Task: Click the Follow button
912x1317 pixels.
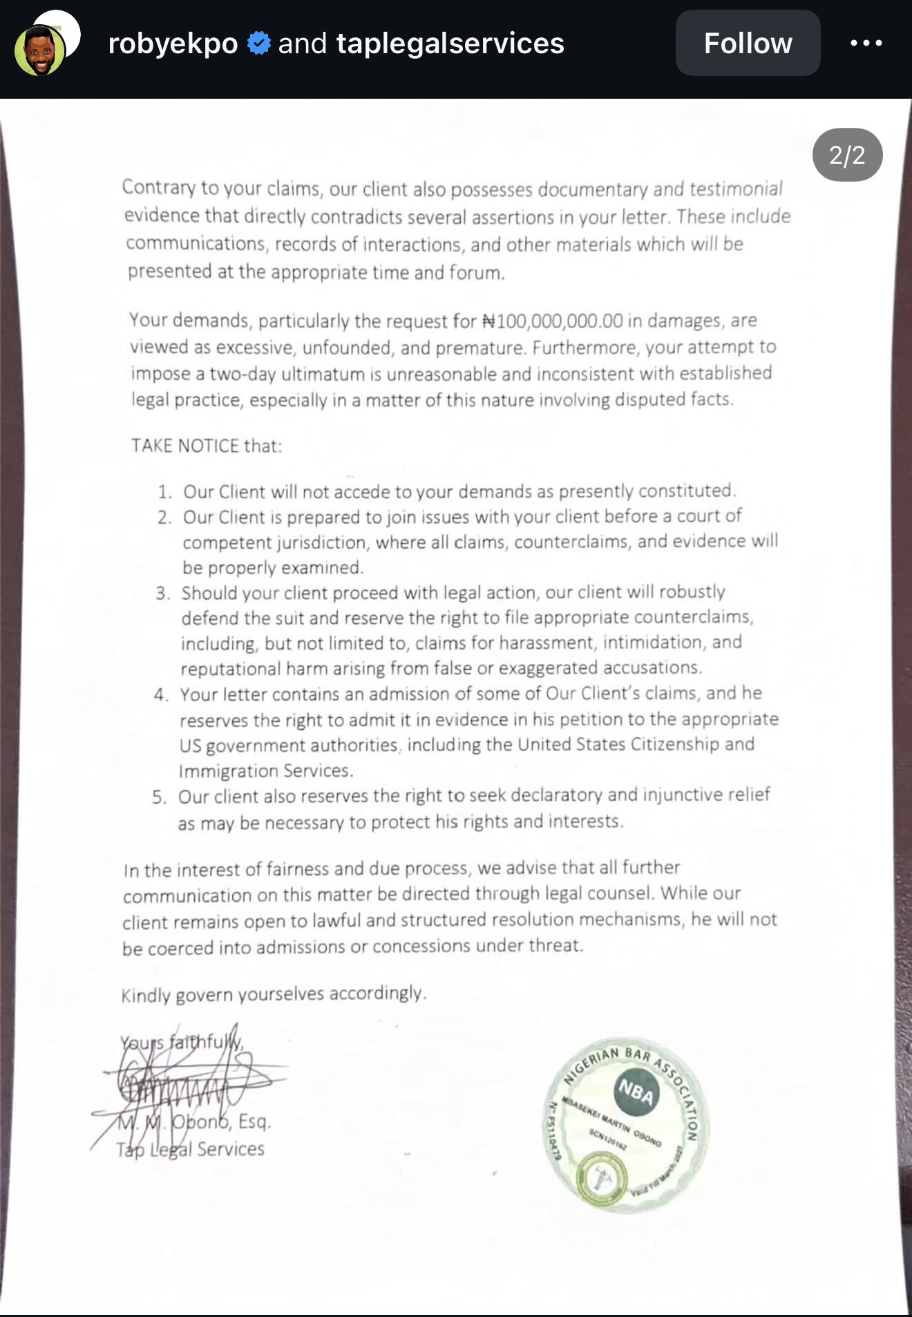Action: click(748, 43)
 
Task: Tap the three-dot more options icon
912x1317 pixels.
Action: click(866, 43)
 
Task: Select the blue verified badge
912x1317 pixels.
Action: click(258, 43)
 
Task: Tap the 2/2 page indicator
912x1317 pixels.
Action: click(847, 155)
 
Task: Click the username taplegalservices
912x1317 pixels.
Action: click(450, 43)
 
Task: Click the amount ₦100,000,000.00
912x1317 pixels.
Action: click(552, 321)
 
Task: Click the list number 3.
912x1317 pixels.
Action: click(162, 594)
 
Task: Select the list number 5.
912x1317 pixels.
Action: click(160, 797)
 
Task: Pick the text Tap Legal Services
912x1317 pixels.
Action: click(190, 1149)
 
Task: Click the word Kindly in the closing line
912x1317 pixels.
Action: click(146, 996)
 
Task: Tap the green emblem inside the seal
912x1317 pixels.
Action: click(600, 1177)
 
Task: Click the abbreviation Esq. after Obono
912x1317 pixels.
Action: click(254, 1121)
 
